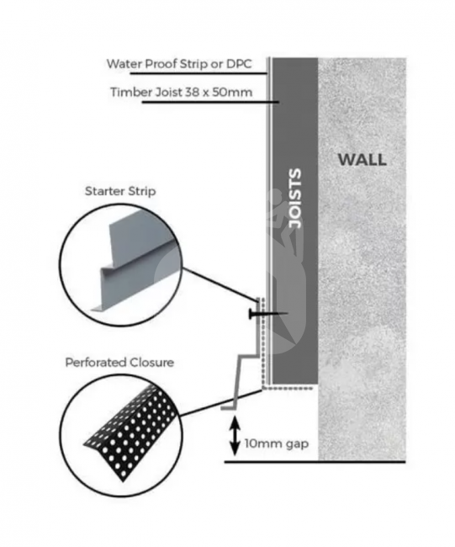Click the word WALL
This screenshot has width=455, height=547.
pyautogui.click(x=362, y=160)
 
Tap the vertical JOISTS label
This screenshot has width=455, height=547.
pyautogui.click(x=295, y=199)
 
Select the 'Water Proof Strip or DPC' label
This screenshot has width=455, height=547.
pyautogui.click(x=179, y=64)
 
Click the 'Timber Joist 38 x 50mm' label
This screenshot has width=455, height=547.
pyautogui.click(x=182, y=92)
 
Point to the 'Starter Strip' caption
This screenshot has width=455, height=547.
pyautogui.click(x=120, y=191)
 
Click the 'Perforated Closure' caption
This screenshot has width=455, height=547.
pyautogui.click(x=119, y=363)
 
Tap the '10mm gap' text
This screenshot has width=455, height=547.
pyautogui.click(x=277, y=443)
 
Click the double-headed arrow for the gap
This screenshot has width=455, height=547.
pyautogui.click(x=235, y=436)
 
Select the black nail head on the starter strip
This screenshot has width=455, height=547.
pyautogui.click(x=251, y=313)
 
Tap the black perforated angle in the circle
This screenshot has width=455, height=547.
pyautogui.click(x=130, y=433)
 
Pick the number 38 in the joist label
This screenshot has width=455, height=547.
pyautogui.click(x=195, y=92)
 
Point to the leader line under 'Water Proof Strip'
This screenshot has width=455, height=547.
pyautogui.click(x=198, y=73)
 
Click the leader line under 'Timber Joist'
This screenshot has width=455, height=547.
pyautogui.click(x=210, y=102)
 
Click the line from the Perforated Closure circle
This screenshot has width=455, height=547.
pyautogui.click(x=220, y=403)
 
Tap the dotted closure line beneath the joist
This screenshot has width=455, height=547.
pyautogui.click(x=289, y=388)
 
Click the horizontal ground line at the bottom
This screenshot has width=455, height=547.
pyautogui.click(x=315, y=462)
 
